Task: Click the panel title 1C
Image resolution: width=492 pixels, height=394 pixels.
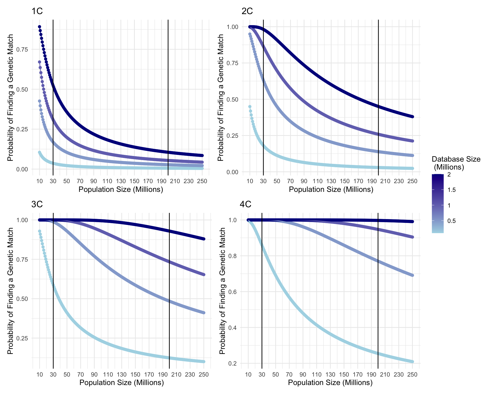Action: [37, 11]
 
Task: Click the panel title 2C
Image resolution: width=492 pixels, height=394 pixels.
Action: [247, 11]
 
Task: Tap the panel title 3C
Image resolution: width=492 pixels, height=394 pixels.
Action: [37, 204]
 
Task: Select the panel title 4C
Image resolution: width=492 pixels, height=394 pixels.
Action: [245, 204]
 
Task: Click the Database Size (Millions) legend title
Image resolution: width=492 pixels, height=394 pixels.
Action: [456, 163]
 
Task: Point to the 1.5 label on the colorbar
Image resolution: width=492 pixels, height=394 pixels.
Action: [452, 190]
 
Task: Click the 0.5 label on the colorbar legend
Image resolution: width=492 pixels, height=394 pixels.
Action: [452, 221]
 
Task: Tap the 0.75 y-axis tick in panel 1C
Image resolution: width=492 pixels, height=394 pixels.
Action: [22, 50]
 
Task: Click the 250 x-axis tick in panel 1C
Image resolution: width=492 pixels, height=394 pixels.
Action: [202, 181]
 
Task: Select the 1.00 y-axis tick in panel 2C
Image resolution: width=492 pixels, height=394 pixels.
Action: [232, 27]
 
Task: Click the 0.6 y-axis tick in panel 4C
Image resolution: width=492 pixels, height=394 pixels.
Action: [233, 292]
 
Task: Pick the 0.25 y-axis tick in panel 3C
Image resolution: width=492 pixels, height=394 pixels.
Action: [22, 338]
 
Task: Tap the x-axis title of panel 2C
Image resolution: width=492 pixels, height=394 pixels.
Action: [331, 190]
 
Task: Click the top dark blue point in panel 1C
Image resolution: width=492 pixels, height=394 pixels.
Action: [39, 27]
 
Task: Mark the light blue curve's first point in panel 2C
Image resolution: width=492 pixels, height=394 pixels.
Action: [250, 106]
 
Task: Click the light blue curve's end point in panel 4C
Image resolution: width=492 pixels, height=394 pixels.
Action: [413, 362]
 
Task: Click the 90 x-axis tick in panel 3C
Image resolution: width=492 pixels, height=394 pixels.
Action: [94, 375]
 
